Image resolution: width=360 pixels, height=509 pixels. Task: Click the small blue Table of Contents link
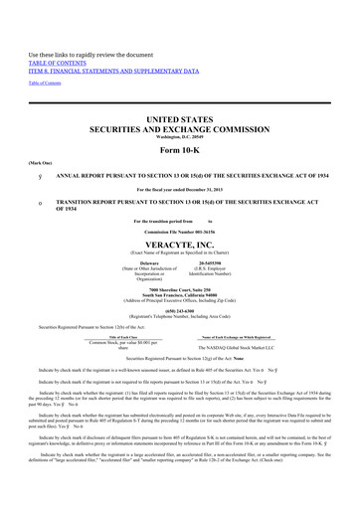46,54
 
